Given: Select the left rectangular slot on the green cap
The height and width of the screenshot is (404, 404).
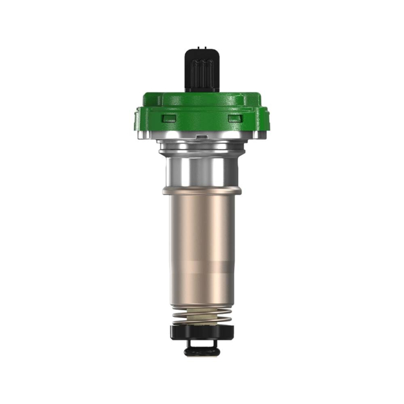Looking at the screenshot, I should [168, 118].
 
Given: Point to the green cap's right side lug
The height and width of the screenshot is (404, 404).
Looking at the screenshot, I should [263, 119].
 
